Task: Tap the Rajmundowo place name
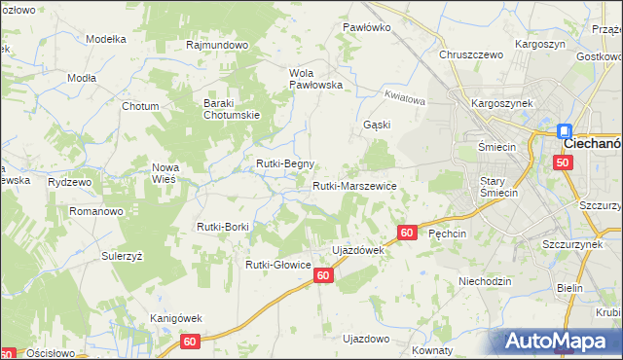(x=218, y=45)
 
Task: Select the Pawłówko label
(x=367, y=27)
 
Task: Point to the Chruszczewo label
(x=471, y=54)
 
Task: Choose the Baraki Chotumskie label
(x=230, y=110)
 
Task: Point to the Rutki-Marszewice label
(x=353, y=185)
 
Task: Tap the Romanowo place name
(x=94, y=210)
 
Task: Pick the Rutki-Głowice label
(x=277, y=264)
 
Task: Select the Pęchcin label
(x=448, y=234)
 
